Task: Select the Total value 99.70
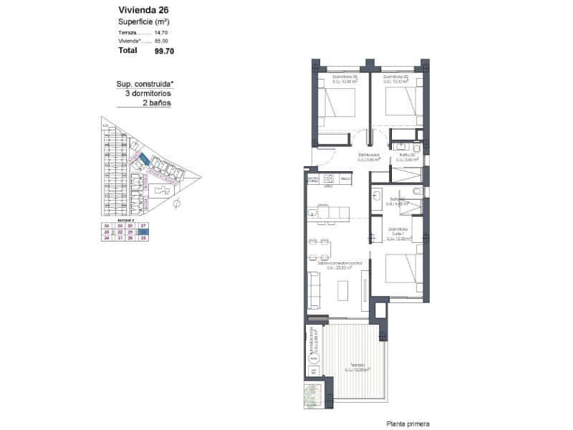164,52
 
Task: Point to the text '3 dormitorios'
148,93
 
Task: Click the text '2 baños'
156,102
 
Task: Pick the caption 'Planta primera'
408,424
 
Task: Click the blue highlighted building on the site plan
143,158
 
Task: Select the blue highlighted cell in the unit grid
144,232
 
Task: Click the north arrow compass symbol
176,204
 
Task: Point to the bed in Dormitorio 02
401,101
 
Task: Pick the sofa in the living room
313,290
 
